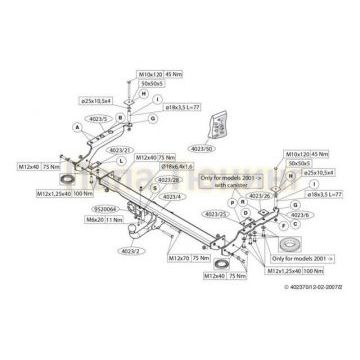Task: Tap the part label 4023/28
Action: tap(169, 179)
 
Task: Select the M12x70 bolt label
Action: tap(178, 257)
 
